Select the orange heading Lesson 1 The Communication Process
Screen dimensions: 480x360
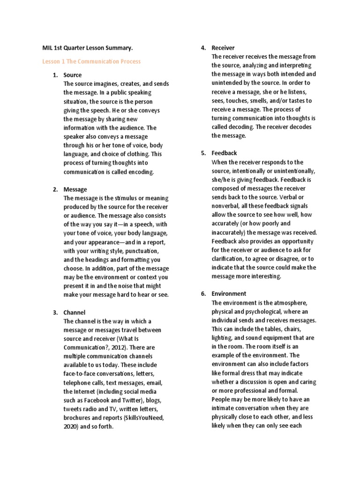(x=91, y=61)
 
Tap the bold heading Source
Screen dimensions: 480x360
(x=72, y=75)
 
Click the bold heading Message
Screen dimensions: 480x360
(x=75, y=189)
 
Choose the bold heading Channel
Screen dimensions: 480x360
(x=75, y=312)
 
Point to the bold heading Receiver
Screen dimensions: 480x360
(x=223, y=48)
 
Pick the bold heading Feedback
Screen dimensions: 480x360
(x=224, y=153)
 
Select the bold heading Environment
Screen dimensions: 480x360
(x=229, y=293)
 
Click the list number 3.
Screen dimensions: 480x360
(x=55, y=312)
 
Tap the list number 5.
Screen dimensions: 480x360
(x=203, y=153)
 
